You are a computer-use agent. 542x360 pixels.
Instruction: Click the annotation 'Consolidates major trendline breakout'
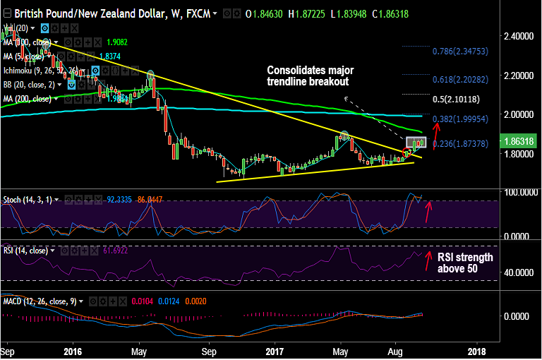310,76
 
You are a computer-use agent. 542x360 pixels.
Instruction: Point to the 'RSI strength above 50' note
465,263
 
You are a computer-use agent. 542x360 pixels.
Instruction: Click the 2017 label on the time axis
275,350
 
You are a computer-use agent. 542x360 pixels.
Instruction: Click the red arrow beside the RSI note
428,260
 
